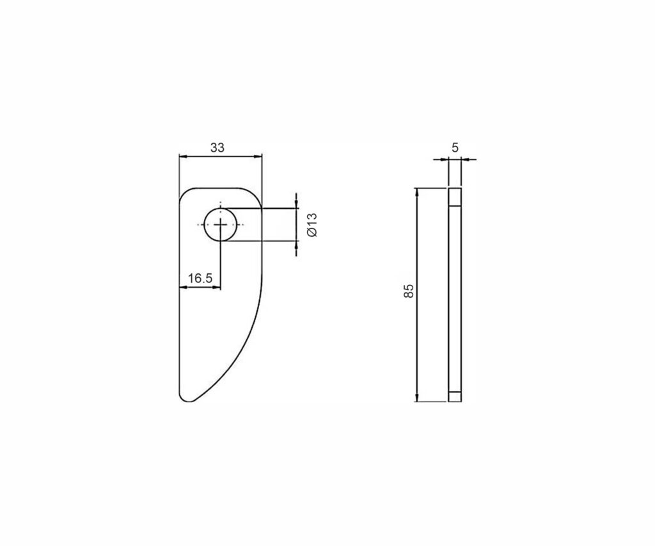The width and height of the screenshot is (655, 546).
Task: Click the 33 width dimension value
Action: coord(217,148)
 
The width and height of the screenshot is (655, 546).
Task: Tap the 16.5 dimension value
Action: coord(200,278)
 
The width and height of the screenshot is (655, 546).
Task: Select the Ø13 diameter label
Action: coord(312,225)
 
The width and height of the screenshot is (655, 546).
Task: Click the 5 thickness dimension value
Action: coord(455,148)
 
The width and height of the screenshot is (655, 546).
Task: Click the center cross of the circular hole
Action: coord(221,225)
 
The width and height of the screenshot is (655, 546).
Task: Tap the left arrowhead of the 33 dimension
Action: coord(183,156)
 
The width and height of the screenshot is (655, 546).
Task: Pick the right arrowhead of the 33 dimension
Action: coord(258,156)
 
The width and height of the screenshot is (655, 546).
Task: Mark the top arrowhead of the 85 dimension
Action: coord(416,192)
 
